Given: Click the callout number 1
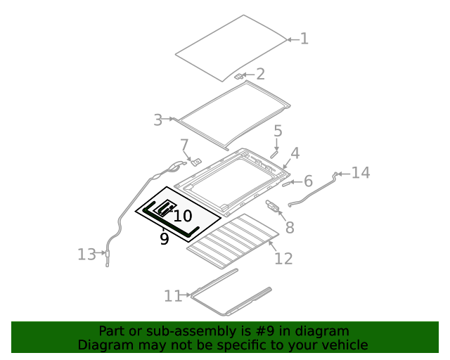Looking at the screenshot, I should click(x=304, y=39).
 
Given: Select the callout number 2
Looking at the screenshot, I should click(x=260, y=74).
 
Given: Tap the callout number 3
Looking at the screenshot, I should click(x=157, y=120).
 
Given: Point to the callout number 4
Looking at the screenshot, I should click(x=295, y=153).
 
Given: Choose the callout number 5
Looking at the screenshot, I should click(x=278, y=131).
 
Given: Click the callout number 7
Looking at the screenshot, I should click(x=184, y=146).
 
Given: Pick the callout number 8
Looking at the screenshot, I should click(x=289, y=227).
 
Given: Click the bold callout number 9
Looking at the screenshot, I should click(x=164, y=239).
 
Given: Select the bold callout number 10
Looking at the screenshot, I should click(x=182, y=217).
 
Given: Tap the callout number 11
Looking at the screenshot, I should click(x=173, y=296).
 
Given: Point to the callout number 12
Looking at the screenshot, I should click(x=283, y=259).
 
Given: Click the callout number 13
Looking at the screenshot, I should click(x=86, y=255).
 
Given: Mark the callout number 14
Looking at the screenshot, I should click(x=360, y=173).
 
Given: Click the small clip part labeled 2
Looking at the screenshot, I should click(x=239, y=75).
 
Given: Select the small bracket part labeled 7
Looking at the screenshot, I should click(x=196, y=161).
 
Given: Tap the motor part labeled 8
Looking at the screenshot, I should click(x=272, y=205).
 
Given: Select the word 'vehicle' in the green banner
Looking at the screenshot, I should click(x=344, y=345).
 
